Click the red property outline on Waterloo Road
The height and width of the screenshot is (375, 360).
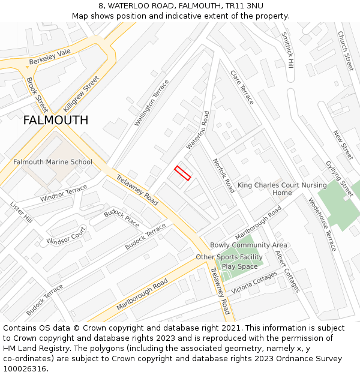(182, 173)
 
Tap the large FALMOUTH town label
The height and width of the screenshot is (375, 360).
(55, 120)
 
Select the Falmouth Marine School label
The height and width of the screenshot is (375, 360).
(53, 162)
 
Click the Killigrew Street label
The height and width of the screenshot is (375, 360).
(80, 95)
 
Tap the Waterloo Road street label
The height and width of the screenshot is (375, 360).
(198, 130)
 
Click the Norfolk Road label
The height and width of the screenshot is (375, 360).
(224, 175)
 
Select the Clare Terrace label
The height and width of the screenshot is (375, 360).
(242, 87)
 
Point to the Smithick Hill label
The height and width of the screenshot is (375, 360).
(287, 49)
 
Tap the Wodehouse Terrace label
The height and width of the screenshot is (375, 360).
(322, 224)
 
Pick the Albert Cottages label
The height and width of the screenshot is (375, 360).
(287, 271)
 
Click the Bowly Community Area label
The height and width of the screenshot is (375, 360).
(248, 245)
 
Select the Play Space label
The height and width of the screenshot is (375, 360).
(239, 266)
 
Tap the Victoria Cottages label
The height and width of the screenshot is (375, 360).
(254, 283)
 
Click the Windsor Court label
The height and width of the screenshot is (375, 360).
(66, 236)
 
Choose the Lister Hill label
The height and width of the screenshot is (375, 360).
(21, 213)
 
